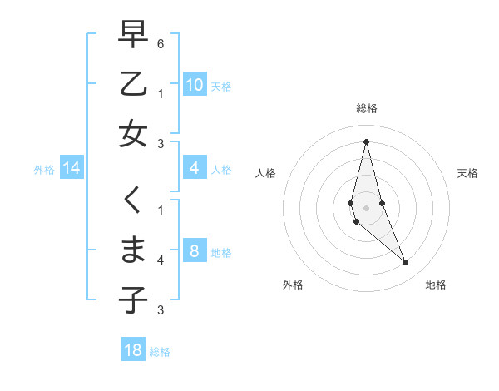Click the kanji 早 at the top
[133, 35]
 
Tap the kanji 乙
[133, 84]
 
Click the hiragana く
[133, 200]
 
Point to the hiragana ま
[133, 250]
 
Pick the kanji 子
[133, 299]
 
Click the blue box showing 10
[195, 85]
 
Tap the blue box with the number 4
[195, 169]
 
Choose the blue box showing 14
[72, 169]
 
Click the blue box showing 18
[133, 350]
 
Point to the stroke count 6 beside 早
[161, 43]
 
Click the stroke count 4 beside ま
[161, 260]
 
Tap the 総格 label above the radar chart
[367, 108]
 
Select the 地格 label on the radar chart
[436, 285]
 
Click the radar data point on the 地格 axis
[406, 263]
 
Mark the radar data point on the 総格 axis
[366, 141]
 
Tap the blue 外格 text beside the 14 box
[44, 170]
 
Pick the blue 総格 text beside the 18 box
[160, 352]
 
